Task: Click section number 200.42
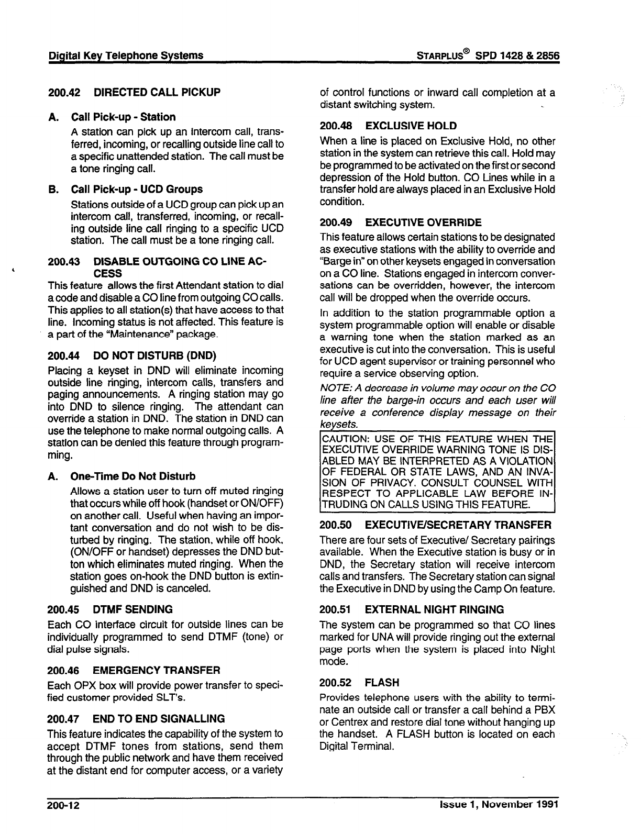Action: [x=64, y=92]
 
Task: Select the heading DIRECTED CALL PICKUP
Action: [x=157, y=92]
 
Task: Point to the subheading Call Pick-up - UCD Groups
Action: [x=137, y=189]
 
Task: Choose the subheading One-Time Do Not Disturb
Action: [x=133, y=476]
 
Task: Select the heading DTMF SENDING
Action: [x=132, y=609]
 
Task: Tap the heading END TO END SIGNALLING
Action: [x=159, y=719]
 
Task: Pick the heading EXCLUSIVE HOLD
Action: [x=411, y=126]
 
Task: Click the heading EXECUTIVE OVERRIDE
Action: [x=423, y=223]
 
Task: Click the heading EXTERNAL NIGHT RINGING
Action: [x=434, y=609]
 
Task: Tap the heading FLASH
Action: [x=382, y=683]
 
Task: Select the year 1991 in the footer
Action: [x=545, y=804]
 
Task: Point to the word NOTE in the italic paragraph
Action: [x=332, y=388]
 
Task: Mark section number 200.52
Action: [x=336, y=683]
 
